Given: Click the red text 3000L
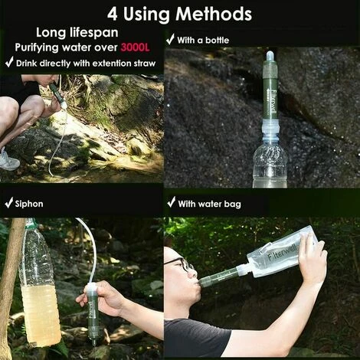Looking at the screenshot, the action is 135,47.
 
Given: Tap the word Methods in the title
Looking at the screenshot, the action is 214,14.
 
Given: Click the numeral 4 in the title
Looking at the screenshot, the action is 113,15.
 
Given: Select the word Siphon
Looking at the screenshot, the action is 29,204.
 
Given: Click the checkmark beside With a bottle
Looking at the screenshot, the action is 170,39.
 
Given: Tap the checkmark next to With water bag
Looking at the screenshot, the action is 172,202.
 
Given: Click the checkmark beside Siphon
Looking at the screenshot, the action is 9,202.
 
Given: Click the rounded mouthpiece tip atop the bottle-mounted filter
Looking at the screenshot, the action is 270,56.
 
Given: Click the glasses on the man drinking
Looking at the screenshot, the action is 178,263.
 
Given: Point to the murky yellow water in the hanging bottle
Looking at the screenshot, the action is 41,316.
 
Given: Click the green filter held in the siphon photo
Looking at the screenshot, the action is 93,314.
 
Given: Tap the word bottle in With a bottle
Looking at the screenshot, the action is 218,41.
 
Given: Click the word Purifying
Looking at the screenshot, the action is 37,47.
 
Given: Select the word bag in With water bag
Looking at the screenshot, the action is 233,205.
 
